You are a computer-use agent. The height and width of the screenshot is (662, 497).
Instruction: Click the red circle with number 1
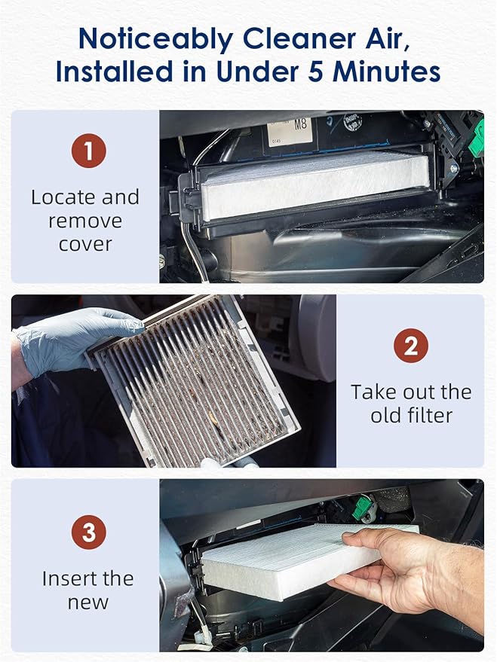pyautogui.click(x=89, y=151)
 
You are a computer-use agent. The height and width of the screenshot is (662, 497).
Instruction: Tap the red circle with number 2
pyautogui.click(x=411, y=346)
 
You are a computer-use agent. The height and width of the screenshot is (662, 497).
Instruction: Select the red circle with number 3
pyautogui.click(x=89, y=533)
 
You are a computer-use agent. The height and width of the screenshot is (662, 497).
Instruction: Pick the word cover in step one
pyautogui.click(x=85, y=244)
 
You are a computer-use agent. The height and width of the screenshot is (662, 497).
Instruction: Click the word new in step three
pyautogui.click(x=87, y=602)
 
